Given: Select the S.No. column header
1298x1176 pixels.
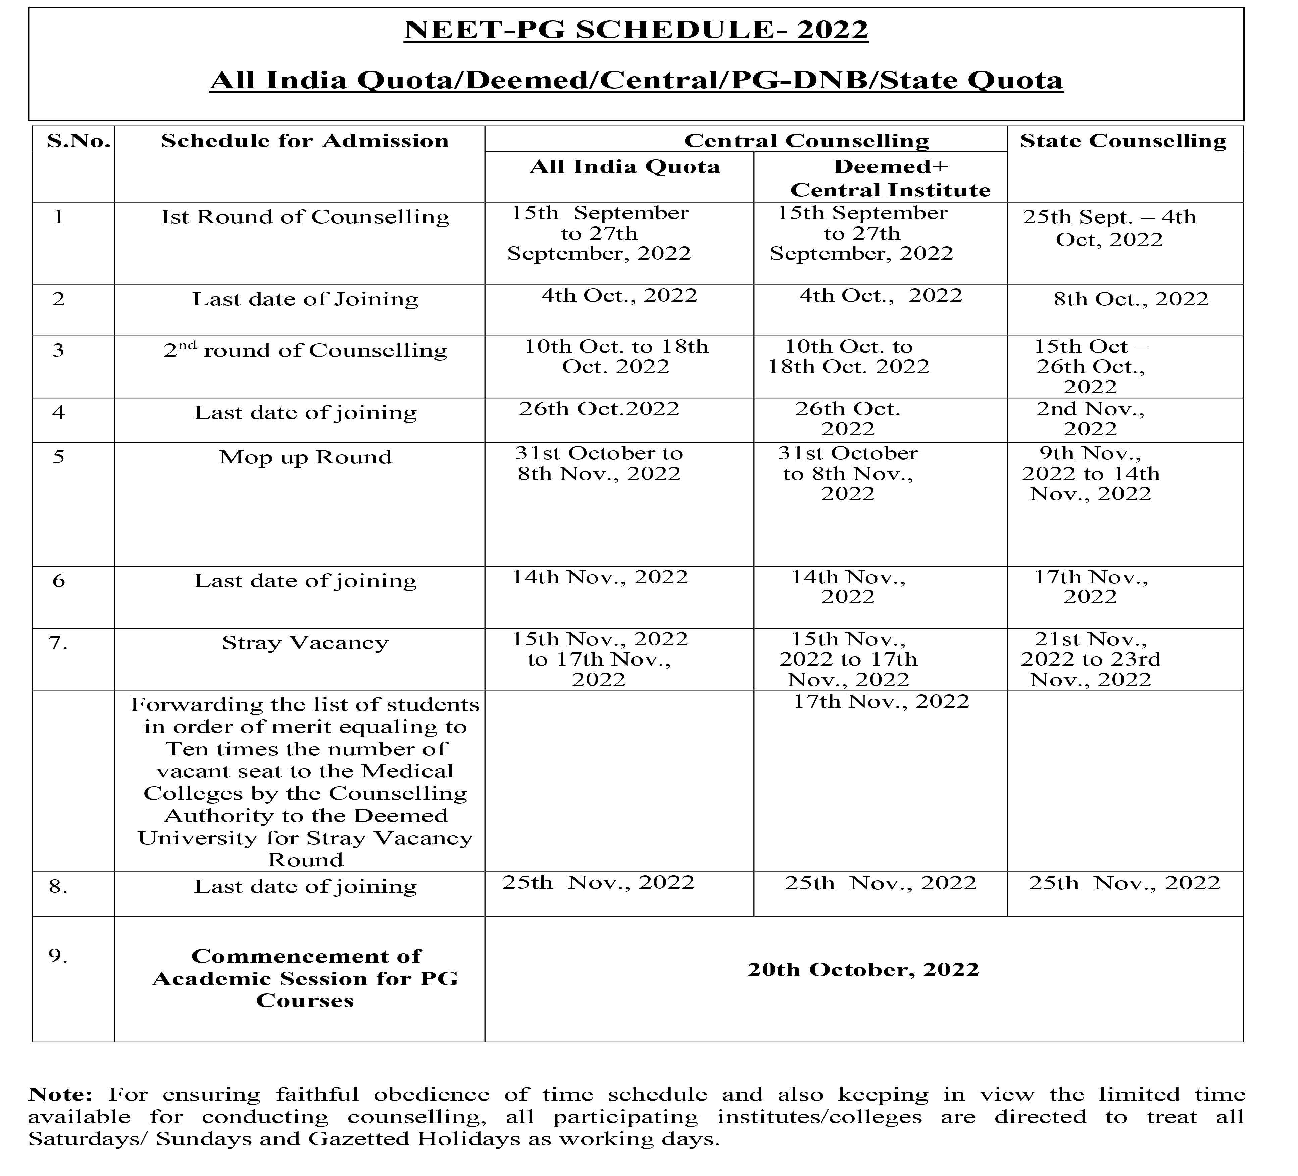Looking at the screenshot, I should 79,141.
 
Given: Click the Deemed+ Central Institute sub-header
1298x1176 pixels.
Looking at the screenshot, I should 890,179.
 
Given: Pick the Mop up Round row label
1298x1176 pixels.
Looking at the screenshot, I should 305,457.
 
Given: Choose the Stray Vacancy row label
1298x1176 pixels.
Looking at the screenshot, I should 305,643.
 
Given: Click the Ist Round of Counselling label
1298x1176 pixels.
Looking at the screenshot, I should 305,217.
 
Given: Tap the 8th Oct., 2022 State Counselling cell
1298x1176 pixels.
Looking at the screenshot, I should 1131,299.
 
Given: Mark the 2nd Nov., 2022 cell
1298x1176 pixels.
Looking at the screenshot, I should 1090,419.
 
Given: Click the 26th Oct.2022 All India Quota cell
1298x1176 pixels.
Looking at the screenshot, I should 599,409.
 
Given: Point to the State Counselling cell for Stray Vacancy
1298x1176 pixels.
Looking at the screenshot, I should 1090,659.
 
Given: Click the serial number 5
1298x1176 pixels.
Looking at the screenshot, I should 59,457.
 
